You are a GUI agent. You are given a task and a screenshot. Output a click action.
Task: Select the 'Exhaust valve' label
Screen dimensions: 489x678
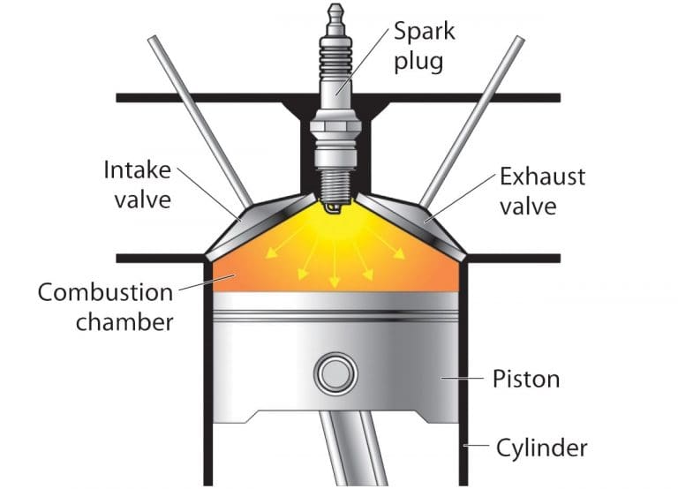tap(542, 191)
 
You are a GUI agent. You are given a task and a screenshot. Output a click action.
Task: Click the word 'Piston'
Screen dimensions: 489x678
tap(524, 380)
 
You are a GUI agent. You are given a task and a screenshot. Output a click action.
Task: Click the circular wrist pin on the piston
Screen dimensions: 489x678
tap(336, 374)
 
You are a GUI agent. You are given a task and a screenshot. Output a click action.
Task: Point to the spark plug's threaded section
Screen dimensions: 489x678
tap(335, 180)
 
